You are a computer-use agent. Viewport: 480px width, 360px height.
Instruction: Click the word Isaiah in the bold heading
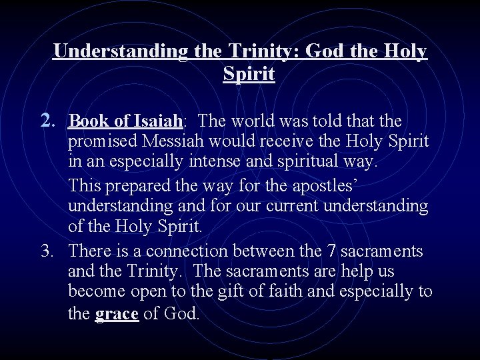[159, 121]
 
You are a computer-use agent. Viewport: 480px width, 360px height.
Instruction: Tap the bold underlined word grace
[117, 313]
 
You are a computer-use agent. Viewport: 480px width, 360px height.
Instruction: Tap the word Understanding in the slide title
[121, 51]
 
